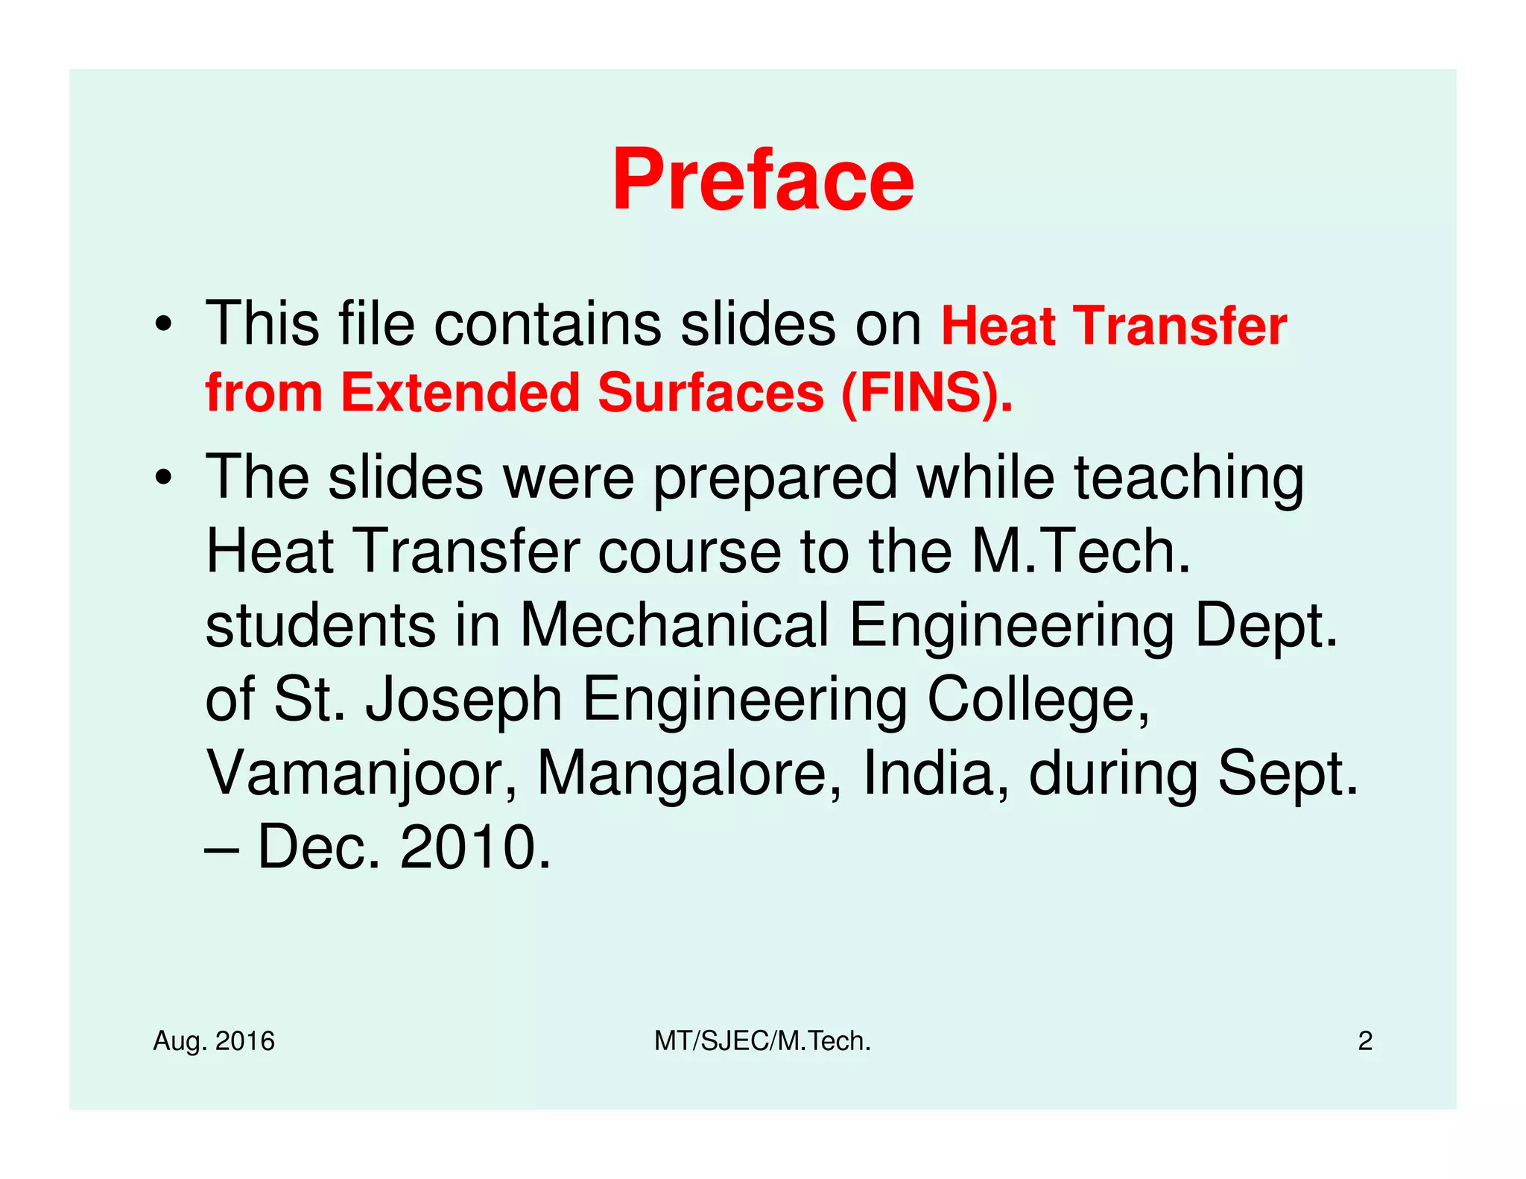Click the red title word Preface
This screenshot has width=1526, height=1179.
pyautogui.click(x=762, y=180)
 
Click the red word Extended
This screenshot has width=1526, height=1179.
pyautogui.click(x=460, y=393)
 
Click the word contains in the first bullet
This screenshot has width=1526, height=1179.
pyautogui.click(x=548, y=324)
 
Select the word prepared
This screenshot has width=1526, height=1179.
pyautogui.click(x=775, y=478)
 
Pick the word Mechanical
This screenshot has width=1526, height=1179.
pyautogui.click(x=674, y=625)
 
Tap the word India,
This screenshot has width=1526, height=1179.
pyautogui.click(x=936, y=773)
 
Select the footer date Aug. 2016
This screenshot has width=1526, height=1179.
pyautogui.click(x=214, y=1041)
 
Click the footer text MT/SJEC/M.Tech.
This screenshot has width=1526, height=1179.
pyautogui.click(x=762, y=1041)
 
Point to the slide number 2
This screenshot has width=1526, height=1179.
pyautogui.click(x=1365, y=1041)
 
